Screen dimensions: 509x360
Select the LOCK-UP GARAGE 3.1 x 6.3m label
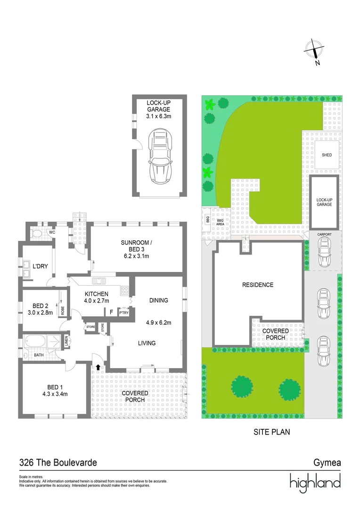click(160, 109)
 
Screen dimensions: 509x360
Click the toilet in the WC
click(36, 233)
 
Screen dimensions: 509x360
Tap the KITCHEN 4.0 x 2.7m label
click(97, 297)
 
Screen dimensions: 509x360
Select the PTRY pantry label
click(124, 312)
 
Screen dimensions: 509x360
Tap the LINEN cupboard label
click(66, 340)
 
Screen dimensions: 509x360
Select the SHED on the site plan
click(327, 155)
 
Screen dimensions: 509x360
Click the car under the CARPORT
click(324, 252)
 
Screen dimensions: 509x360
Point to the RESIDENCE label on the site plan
click(258, 285)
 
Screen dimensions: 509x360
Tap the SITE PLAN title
click(271, 431)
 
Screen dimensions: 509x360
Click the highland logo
click(315, 482)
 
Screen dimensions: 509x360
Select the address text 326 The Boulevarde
click(58, 463)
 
